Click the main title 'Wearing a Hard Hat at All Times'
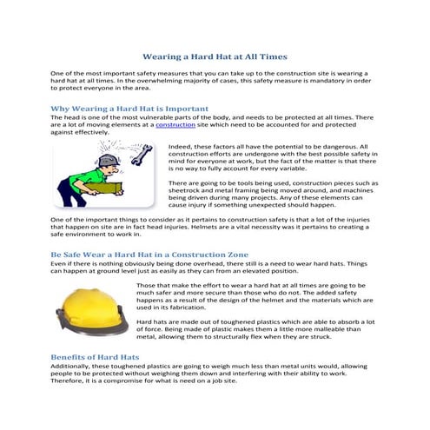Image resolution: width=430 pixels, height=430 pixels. tap(215, 56)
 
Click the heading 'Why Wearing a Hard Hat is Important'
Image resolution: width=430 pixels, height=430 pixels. tap(129, 109)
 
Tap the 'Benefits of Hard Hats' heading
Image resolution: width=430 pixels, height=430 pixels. tap(95, 357)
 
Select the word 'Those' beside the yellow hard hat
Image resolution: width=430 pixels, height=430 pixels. tap(148, 285)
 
